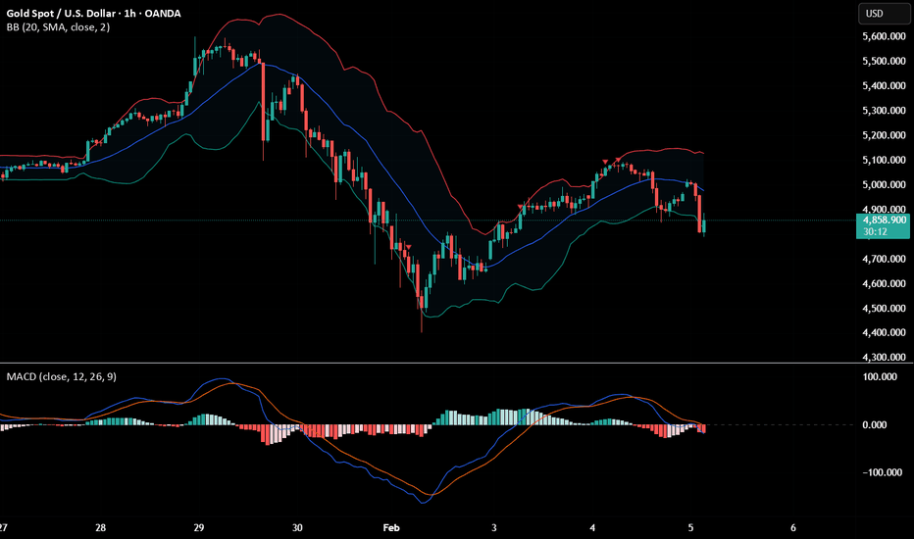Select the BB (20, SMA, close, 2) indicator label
[x=58, y=27]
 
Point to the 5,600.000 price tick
[x=881, y=36]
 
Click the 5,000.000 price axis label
[x=881, y=184]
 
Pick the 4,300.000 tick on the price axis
[x=881, y=358]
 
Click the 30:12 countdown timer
[x=876, y=232]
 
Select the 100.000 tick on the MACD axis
[x=881, y=376]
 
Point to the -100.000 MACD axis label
[x=879, y=473]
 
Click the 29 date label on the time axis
[x=199, y=526]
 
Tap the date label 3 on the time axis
[x=493, y=526]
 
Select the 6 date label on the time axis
[x=791, y=526]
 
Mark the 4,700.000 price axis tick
[x=881, y=259]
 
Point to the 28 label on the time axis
[x=101, y=526]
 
